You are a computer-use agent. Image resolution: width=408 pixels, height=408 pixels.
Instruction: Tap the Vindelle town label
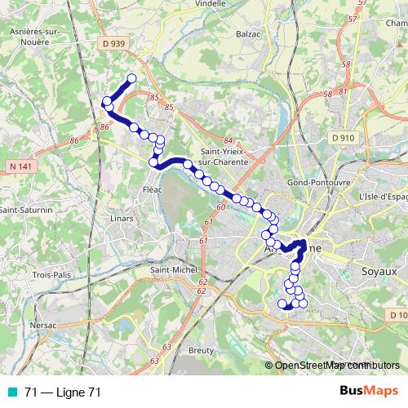pos(211,3)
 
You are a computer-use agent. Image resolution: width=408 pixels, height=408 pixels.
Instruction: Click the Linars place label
pos(98,219)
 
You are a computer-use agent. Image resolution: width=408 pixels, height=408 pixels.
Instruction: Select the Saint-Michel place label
pos(171,270)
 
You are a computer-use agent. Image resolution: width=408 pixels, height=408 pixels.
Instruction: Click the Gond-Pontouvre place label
pos(319,183)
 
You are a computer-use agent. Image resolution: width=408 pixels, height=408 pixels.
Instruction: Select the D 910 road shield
pos(343,138)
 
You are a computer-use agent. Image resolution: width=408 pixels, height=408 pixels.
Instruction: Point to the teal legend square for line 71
pos(14,392)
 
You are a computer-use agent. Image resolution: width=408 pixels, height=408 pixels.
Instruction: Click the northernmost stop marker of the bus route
pos(131,78)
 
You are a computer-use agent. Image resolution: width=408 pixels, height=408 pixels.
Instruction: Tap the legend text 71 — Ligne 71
pos(63,392)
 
